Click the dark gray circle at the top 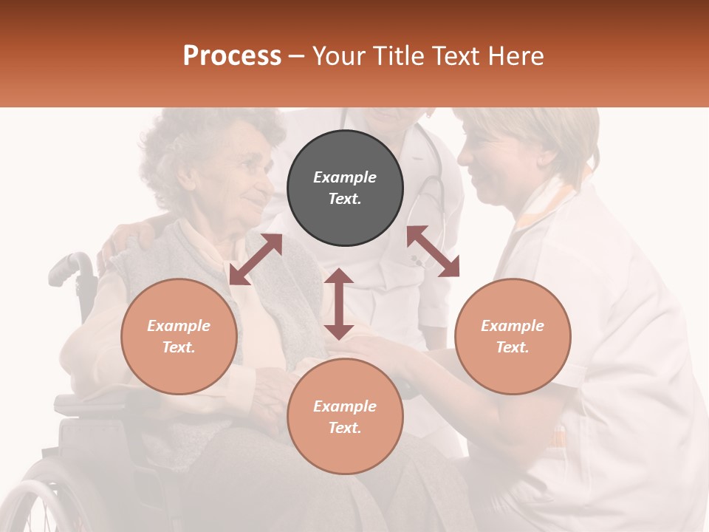(345, 188)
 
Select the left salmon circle (179, 336)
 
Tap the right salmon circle (513, 336)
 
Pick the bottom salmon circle (345, 417)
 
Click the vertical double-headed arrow (339, 304)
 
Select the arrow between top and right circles (433, 251)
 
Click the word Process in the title (232, 55)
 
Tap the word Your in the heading (338, 55)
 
